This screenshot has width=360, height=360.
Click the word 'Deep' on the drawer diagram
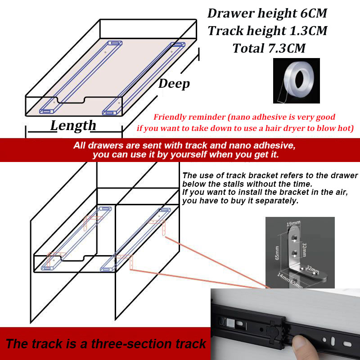(x=174, y=84)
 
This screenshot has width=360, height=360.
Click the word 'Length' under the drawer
(x=73, y=126)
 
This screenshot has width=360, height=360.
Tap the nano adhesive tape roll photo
(x=296, y=81)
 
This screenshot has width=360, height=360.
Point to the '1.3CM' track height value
(x=308, y=31)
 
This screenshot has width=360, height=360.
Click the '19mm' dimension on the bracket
(x=293, y=223)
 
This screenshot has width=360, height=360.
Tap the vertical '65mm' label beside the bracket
(x=277, y=253)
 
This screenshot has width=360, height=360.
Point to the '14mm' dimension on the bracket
(x=283, y=277)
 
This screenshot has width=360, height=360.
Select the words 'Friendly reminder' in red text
(x=189, y=117)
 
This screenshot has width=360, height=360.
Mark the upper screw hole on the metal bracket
(x=294, y=239)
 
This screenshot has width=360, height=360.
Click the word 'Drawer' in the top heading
(x=231, y=13)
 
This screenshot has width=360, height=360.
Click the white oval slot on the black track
(x=347, y=344)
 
